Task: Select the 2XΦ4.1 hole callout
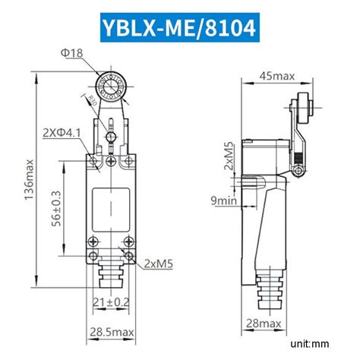tap(63, 133)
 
